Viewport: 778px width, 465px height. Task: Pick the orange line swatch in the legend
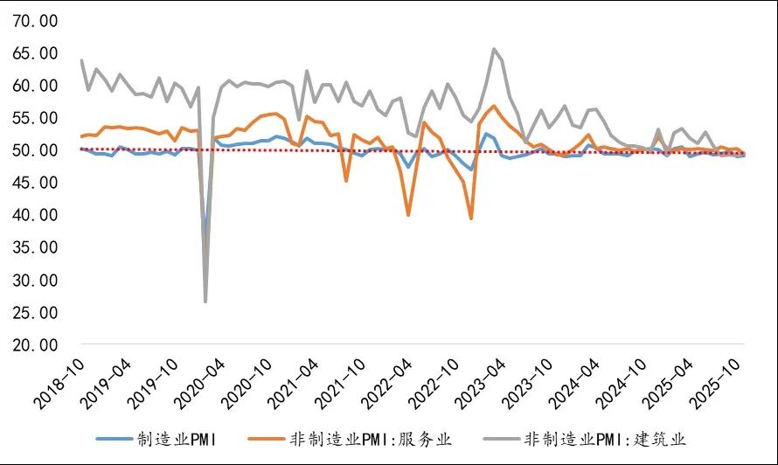tap(267, 438)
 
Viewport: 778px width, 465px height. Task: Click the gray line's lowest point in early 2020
tap(205, 302)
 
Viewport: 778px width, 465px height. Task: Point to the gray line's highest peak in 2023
tap(494, 49)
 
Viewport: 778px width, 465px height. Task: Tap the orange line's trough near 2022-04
tap(408, 214)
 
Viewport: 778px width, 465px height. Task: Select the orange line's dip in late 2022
tap(471, 218)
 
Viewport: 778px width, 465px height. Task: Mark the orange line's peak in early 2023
tap(494, 106)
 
